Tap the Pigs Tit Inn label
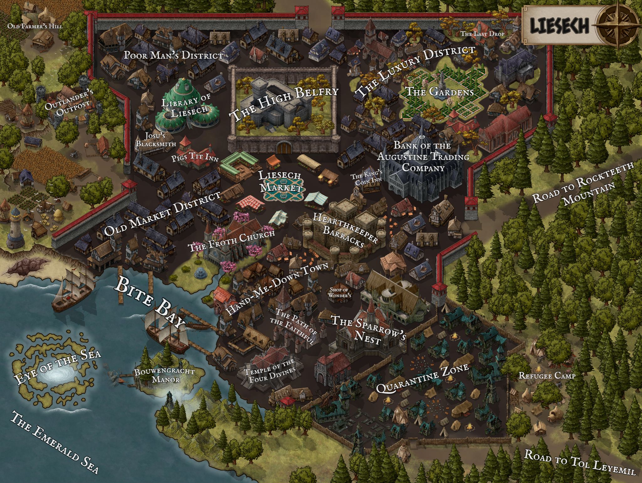pos(195,158)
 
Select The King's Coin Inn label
pos(367,179)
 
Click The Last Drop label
pos(482,34)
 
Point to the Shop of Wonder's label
pos(339,292)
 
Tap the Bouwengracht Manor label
pos(164,375)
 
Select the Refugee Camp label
pos(547,375)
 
